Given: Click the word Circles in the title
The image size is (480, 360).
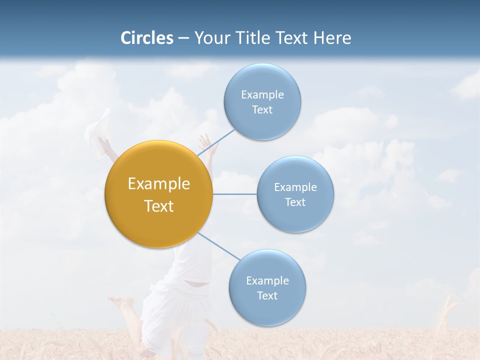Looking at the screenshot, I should pyautogui.click(x=147, y=38).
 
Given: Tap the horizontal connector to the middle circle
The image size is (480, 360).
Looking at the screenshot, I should pyautogui.click(x=235, y=194).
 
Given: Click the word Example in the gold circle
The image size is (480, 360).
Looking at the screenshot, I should pyautogui.click(x=159, y=184).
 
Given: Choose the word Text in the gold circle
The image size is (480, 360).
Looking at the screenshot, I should pyautogui.click(x=159, y=206).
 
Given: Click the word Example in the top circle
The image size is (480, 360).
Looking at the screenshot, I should pyautogui.click(x=262, y=94).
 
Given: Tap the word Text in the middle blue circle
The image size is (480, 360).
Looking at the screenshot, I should pyautogui.click(x=295, y=202).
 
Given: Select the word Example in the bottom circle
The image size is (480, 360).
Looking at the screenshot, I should pyautogui.click(x=267, y=280).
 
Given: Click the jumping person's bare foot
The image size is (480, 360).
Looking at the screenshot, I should pyautogui.click(x=120, y=301).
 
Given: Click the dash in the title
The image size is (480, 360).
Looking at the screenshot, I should pyautogui.click(x=183, y=38).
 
